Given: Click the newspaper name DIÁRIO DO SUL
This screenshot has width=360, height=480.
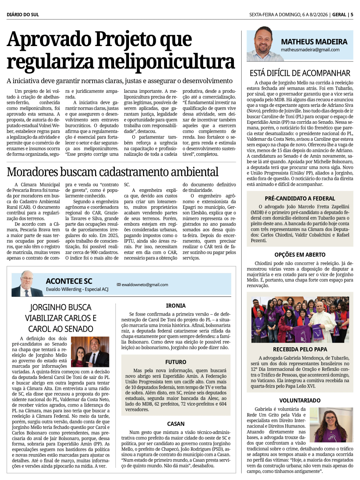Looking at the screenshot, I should [x=23, y=15].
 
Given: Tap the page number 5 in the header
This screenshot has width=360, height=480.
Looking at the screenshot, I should [x=352, y=15].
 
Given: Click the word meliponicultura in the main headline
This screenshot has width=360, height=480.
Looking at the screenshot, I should [x=166, y=62].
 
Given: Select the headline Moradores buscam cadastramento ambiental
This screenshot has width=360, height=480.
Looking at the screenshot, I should [x=112, y=172].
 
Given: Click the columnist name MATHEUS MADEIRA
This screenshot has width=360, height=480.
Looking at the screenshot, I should [x=314, y=42].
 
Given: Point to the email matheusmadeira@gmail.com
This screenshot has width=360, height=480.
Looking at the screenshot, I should [x=310, y=50].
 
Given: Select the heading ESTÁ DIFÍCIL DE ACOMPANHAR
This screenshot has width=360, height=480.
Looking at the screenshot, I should [x=300, y=73].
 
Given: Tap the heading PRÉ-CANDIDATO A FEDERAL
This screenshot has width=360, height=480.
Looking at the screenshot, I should [x=300, y=199].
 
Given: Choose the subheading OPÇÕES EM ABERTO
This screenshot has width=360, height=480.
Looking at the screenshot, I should [x=300, y=255].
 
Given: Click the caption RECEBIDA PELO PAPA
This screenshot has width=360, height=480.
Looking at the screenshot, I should [x=300, y=349].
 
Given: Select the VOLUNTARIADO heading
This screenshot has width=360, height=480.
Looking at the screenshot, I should [x=300, y=400].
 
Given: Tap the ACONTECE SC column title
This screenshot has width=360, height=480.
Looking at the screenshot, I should [x=69, y=281].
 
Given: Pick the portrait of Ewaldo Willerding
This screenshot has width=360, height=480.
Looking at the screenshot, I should [x=27, y=284].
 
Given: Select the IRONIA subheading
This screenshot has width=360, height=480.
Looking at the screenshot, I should [x=176, y=306].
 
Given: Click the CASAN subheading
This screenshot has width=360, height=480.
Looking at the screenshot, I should [x=176, y=424].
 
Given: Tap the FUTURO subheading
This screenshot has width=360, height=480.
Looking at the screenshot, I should [x=176, y=362].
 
